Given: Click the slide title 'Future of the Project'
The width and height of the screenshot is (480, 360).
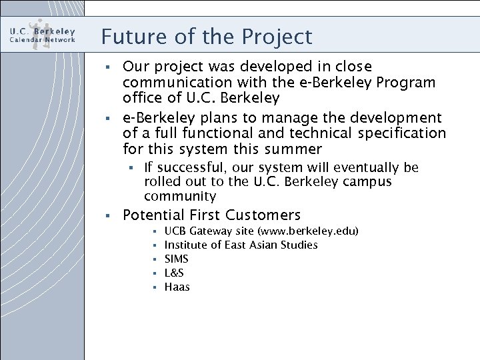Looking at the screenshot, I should [207, 37].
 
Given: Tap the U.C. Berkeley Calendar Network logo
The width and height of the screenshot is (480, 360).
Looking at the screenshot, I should [43, 34].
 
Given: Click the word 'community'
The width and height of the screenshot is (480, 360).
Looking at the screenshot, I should [180, 197].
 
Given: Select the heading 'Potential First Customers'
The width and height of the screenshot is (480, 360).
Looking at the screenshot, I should [212, 215].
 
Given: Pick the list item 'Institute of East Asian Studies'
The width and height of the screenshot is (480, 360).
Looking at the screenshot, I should [241, 245].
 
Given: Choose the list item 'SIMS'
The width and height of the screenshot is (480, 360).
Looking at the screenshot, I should [176, 259].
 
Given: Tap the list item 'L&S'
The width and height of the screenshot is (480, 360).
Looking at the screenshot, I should [174, 273].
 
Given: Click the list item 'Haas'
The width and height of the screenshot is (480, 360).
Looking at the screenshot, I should [177, 287].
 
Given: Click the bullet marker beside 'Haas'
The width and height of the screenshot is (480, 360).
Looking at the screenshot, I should [154, 287].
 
